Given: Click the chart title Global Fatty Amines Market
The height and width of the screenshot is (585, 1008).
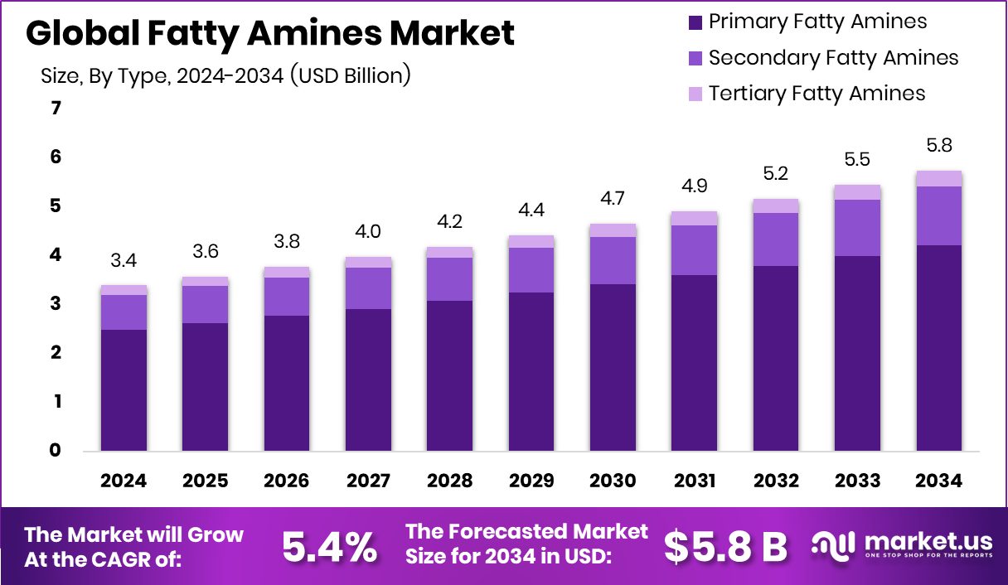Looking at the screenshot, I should click(270, 33).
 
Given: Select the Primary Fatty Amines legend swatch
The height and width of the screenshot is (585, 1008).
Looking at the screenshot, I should click(695, 22).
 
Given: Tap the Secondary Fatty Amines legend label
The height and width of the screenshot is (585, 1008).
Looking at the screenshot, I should click(833, 58).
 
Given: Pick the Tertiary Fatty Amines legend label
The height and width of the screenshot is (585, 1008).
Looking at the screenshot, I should click(817, 94).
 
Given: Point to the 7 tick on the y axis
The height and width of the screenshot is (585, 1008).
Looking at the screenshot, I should click(56, 109).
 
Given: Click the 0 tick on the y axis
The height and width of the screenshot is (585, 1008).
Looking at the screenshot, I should click(56, 451).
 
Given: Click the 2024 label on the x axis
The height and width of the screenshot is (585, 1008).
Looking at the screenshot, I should click(124, 481).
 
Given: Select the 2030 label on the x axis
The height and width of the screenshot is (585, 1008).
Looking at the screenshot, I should click(613, 481).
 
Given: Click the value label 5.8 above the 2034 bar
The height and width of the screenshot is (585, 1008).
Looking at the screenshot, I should click(939, 146).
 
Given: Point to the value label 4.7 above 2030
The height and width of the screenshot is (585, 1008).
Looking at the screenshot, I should click(613, 199).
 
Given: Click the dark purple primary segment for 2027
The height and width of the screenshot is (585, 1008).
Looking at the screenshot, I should click(368, 380).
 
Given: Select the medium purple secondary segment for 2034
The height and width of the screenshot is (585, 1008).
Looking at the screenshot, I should click(939, 215).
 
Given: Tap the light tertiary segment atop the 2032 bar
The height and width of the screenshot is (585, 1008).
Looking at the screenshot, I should click(776, 205).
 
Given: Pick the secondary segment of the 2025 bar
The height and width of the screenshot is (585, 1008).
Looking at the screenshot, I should click(205, 304).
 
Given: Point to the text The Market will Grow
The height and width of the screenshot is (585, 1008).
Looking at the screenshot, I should click(134, 534).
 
